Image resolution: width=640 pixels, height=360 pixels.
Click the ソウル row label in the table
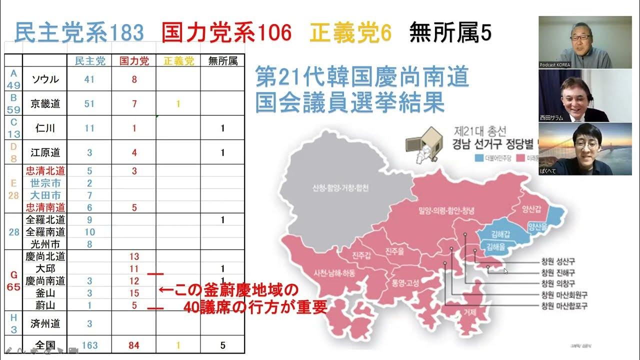(45, 79)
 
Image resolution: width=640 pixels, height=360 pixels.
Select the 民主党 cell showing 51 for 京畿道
(89, 103)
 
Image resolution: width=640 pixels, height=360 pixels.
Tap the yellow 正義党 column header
(178, 61)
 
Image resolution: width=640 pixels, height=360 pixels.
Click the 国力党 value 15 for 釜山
(134, 293)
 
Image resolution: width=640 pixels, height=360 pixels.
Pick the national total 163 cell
(89, 345)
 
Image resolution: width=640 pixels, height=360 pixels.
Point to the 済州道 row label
(45, 323)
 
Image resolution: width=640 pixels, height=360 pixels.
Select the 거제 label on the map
(469, 311)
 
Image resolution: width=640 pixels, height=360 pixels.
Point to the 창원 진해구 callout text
(558, 272)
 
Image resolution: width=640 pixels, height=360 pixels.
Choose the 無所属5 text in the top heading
(450, 33)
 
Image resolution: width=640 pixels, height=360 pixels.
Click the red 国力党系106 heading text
(226, 33)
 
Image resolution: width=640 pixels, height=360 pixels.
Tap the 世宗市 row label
(45, 183)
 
